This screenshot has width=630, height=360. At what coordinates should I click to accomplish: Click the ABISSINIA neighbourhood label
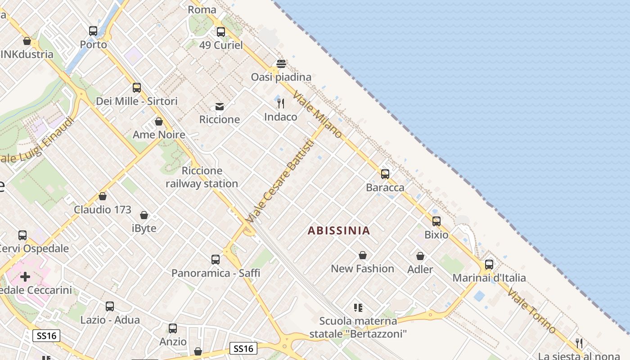tap(339, 231)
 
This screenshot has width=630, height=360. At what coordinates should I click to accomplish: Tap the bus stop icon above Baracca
tap(385, 174)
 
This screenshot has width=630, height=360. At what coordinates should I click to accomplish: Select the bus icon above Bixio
tap(436, 221)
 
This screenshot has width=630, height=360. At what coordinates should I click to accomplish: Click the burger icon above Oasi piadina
tap(281, 64)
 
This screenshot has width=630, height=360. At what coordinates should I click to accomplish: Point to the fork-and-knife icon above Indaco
tap(281, 103)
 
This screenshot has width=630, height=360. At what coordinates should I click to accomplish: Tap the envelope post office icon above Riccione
tap(220, 107)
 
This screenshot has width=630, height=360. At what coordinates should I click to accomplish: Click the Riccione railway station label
tap(202, 177)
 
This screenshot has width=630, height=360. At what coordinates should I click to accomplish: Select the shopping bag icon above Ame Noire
tap(159, 121)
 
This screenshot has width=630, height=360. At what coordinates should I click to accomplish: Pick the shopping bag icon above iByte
tap(144, 215)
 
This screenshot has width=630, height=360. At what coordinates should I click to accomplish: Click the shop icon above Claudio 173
tap(103, 196)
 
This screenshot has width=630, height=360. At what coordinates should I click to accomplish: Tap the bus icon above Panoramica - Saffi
tap(216, 260)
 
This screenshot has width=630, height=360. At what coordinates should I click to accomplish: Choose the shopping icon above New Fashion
tap(363, 256)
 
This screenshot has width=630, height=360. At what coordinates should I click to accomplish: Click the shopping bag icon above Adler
tap(420, 256)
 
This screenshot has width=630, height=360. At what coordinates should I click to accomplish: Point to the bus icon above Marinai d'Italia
tap(489, 265)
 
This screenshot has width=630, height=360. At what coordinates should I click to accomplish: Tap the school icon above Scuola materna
tap(358, 308)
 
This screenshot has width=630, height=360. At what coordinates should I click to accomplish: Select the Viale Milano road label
tap(318, 115)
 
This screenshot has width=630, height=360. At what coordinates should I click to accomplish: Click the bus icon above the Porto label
tap(93, 31)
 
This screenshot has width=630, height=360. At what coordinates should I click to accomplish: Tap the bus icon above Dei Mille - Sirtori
tap(137, 88)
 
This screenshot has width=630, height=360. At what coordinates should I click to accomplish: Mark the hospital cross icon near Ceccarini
tap(25, 276)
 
